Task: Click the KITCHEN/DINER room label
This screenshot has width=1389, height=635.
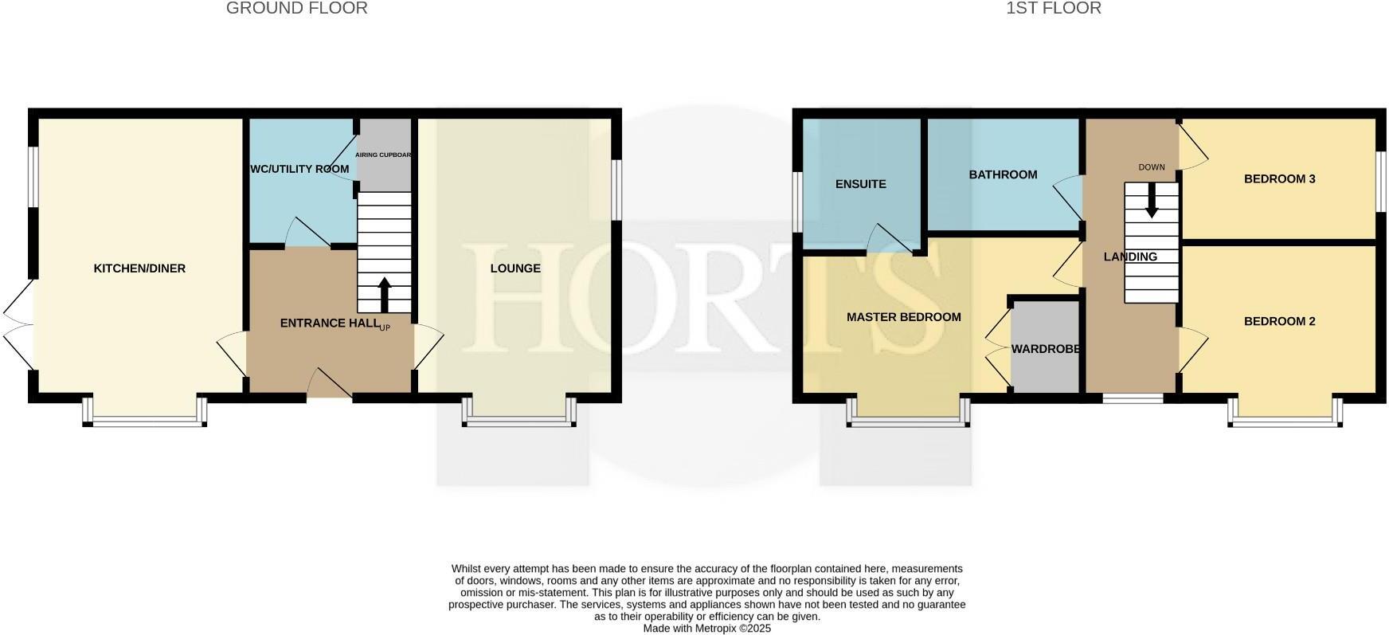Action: pyautogui.click(x=139, y=269)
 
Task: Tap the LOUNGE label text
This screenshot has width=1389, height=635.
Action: pyautogui.click(x=515, y=269)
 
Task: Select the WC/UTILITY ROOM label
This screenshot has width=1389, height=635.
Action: pyautogui.click(x=299, y=169)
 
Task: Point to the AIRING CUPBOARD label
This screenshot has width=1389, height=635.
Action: pyautogui.click(x=383, y=155)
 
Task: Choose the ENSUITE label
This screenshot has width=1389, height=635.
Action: pyautogui.click(x=860, y=184)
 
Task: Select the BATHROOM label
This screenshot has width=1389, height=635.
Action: pyautogui.click(x=1003, y=174)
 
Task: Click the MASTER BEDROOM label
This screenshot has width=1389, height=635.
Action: pyautogui.click(x=903, y=317)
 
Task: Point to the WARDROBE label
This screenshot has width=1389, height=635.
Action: pyautogui.click(x=1046, y=349)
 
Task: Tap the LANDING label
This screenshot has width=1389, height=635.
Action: pyautogui.click(x=1130, y=257)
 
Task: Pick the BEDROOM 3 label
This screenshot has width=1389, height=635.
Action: pyautogui.click(x=1279, y=178)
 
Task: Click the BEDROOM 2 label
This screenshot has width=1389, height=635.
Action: pyautogui.click(x=1279, y=322)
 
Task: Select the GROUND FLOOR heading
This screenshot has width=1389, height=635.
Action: pyautogui.click(x=297, y=9)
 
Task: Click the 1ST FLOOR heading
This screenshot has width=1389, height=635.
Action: pyautogui.click(x=1054, y=9)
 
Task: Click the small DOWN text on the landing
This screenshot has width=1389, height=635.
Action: pyautogui.click(x=1152, y=167)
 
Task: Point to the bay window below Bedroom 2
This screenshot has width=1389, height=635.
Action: pyautogui.click(x=1285, y=421)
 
